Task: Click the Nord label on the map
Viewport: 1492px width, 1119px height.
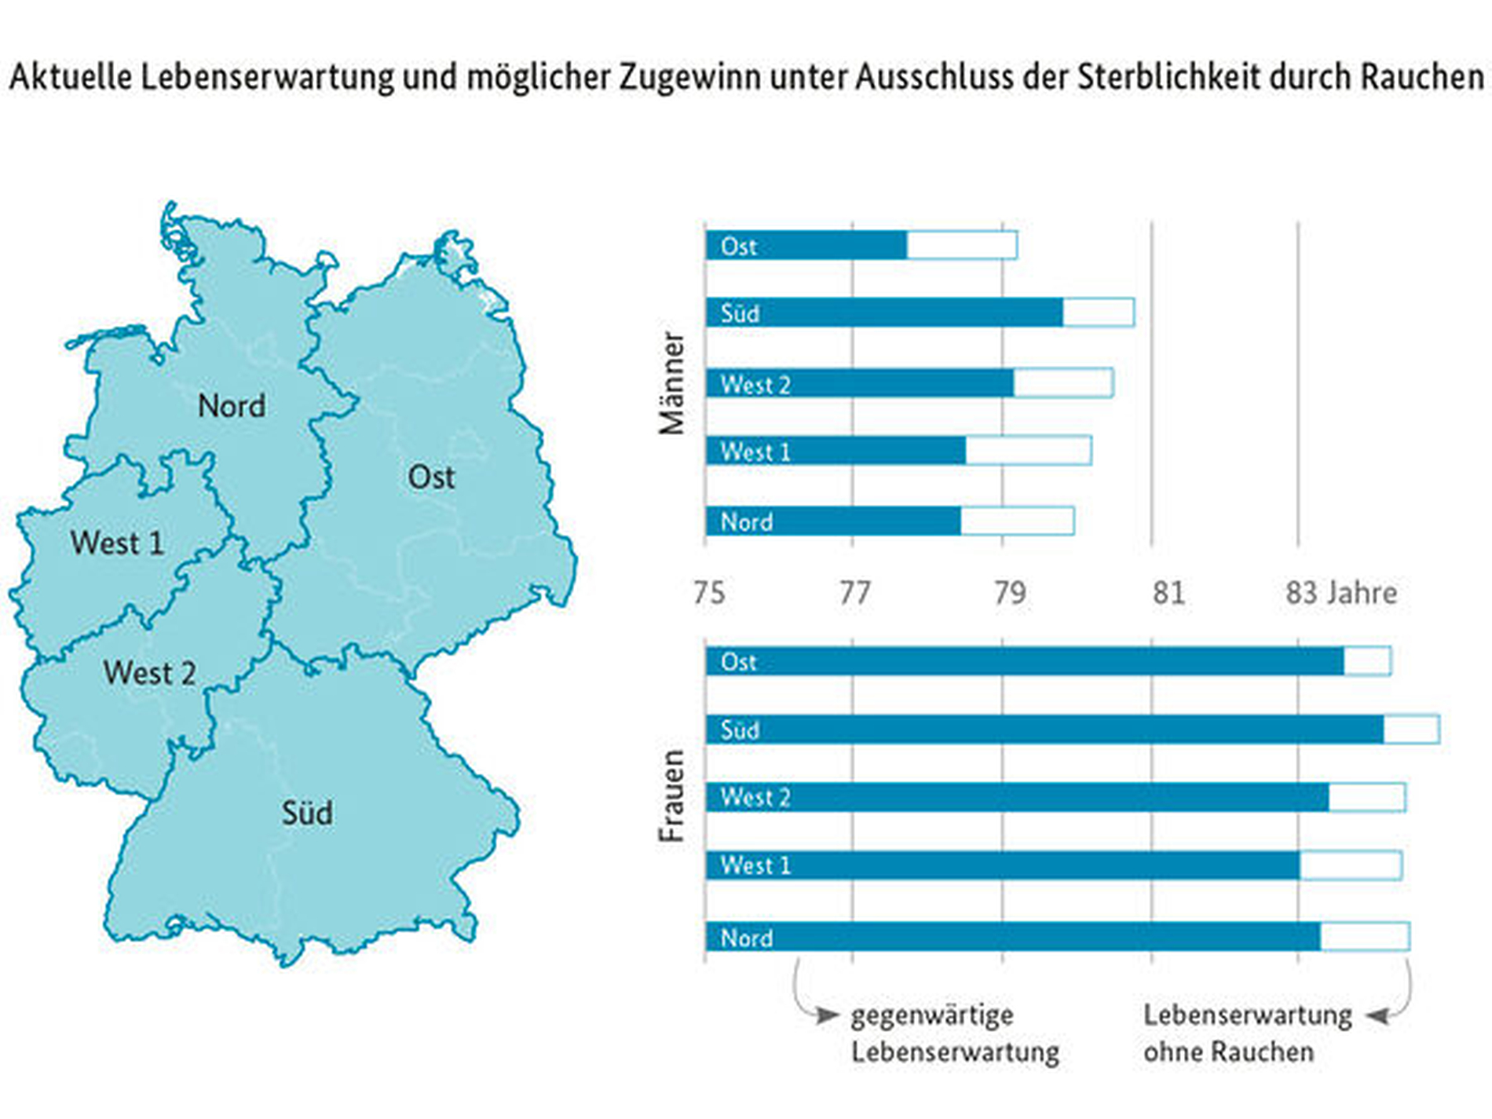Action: click(231, 406)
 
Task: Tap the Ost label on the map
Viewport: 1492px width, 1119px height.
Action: click(431, 477)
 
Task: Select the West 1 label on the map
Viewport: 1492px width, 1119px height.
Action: click(117, 543)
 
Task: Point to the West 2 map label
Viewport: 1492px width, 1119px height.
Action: click(149, 673)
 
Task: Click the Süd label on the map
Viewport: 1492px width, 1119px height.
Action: click(307, 813)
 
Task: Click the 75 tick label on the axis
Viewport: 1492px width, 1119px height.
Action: click(708, 593)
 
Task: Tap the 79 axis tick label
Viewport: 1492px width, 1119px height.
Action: click(1010, 593)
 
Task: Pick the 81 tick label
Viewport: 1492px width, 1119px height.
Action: click(1168, 593)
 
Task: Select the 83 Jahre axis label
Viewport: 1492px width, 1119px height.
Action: click(1341, 593)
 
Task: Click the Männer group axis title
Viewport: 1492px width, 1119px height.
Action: click(673, 383)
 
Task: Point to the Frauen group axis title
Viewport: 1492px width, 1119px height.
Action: click(673, 796)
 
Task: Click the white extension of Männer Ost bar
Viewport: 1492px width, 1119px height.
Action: click(962, 246)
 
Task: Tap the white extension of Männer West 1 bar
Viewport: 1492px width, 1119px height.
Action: click(1028, 451)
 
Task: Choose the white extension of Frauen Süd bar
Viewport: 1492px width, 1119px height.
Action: click(1411, 730)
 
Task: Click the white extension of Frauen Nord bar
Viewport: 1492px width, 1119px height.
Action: click(1365, 937)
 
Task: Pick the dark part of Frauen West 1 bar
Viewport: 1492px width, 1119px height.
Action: click(1021, 865)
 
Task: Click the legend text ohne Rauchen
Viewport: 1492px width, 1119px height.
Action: click(1228, 1052)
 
